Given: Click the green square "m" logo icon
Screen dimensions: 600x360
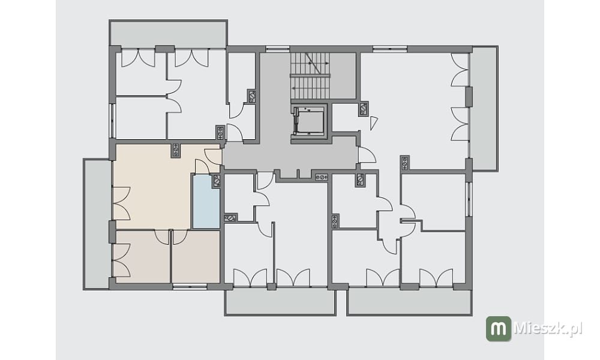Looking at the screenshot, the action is tap(498, 329).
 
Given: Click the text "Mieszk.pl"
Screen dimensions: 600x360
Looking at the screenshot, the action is tap(548, 328).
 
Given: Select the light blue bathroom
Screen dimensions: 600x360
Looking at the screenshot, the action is tap(206, 202).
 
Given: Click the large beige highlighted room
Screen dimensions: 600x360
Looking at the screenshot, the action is tap(153, 187).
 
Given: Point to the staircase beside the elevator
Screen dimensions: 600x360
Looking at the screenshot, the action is tap(310, 76).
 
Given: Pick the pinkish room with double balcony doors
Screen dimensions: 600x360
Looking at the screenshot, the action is tap(142, 256).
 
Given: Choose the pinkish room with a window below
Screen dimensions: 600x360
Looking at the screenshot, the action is tap(196, 256).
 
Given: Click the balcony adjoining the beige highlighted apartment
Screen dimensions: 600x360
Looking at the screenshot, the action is tap(97, 224).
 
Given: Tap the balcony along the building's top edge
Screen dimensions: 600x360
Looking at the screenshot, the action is tap(169, 34).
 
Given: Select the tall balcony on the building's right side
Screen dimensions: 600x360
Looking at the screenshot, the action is tap(484, 109).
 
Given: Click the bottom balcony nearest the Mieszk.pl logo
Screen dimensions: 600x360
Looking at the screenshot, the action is tap(409, 302).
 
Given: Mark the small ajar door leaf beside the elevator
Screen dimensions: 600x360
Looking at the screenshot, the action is tap(374, 123).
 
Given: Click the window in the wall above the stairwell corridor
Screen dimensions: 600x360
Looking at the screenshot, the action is tap(278, 49).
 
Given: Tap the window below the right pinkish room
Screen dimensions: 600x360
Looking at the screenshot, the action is tap(190, 286).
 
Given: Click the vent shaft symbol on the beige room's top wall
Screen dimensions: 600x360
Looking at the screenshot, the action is tap(176, 151).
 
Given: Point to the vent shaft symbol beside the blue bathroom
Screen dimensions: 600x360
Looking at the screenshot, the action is tap(217, 181).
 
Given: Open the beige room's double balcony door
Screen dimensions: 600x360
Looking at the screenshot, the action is tap(122, 203).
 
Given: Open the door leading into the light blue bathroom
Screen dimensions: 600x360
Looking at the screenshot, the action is tap(202, 167).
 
